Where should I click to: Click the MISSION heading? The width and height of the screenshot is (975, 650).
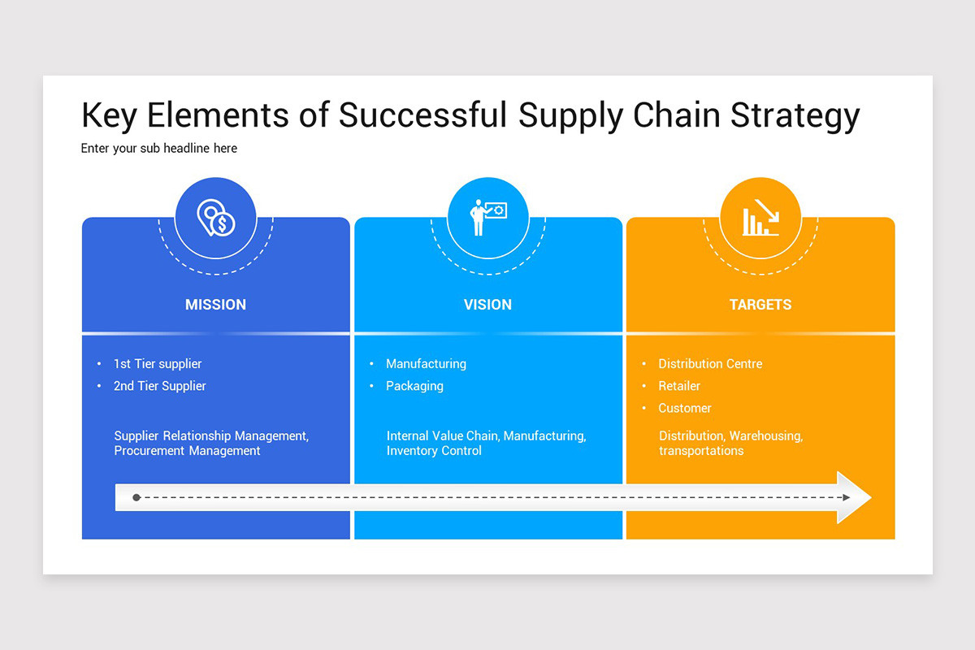coord(215,305)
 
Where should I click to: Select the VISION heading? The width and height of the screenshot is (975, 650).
coord(487,305)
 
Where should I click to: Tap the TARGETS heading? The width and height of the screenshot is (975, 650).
coord(760,305)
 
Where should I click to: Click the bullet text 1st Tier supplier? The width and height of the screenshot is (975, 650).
coord(158,364)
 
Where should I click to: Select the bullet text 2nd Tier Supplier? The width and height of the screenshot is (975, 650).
coord(160,386)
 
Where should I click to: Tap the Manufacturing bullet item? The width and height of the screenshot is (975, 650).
coord(426,364)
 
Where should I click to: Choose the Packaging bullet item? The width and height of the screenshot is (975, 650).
coord(414,386)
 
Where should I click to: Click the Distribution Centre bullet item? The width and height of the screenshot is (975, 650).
coord(710,364)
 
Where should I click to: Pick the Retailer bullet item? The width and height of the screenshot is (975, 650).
coord(679,386)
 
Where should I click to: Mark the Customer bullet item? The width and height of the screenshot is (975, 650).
coord(685,408)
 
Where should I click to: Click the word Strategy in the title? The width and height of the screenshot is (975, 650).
coord(794,116)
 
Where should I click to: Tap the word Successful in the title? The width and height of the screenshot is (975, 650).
coord(423,116)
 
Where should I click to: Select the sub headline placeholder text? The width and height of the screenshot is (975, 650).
coord(159,149)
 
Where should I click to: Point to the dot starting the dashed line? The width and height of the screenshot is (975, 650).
coord(136,497)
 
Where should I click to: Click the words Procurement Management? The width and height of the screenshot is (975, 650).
coord(187,451)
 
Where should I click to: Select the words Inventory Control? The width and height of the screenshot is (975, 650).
coord(434,451)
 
